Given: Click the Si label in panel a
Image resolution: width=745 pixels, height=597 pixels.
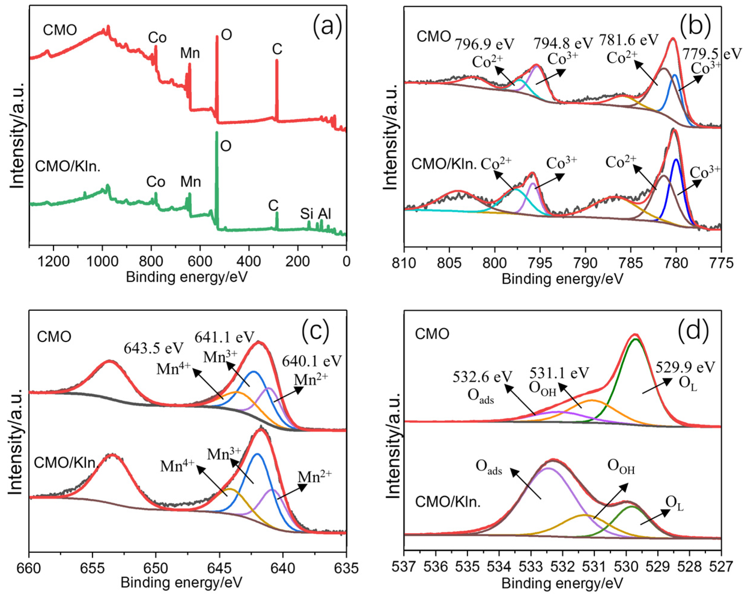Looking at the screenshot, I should click(307, 214).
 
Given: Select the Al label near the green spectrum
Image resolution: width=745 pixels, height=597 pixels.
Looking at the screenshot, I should click(325, 214).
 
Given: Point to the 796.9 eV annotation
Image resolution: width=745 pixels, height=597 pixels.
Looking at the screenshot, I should click(484, 44).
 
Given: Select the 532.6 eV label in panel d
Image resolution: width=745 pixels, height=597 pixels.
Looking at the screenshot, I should click(482, 377).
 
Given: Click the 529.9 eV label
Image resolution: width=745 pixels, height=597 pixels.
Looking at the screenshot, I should click(685, 367).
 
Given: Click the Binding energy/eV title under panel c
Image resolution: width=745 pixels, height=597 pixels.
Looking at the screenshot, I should click(181, 583).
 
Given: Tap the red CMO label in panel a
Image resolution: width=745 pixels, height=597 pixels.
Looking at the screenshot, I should click(60, 30).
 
